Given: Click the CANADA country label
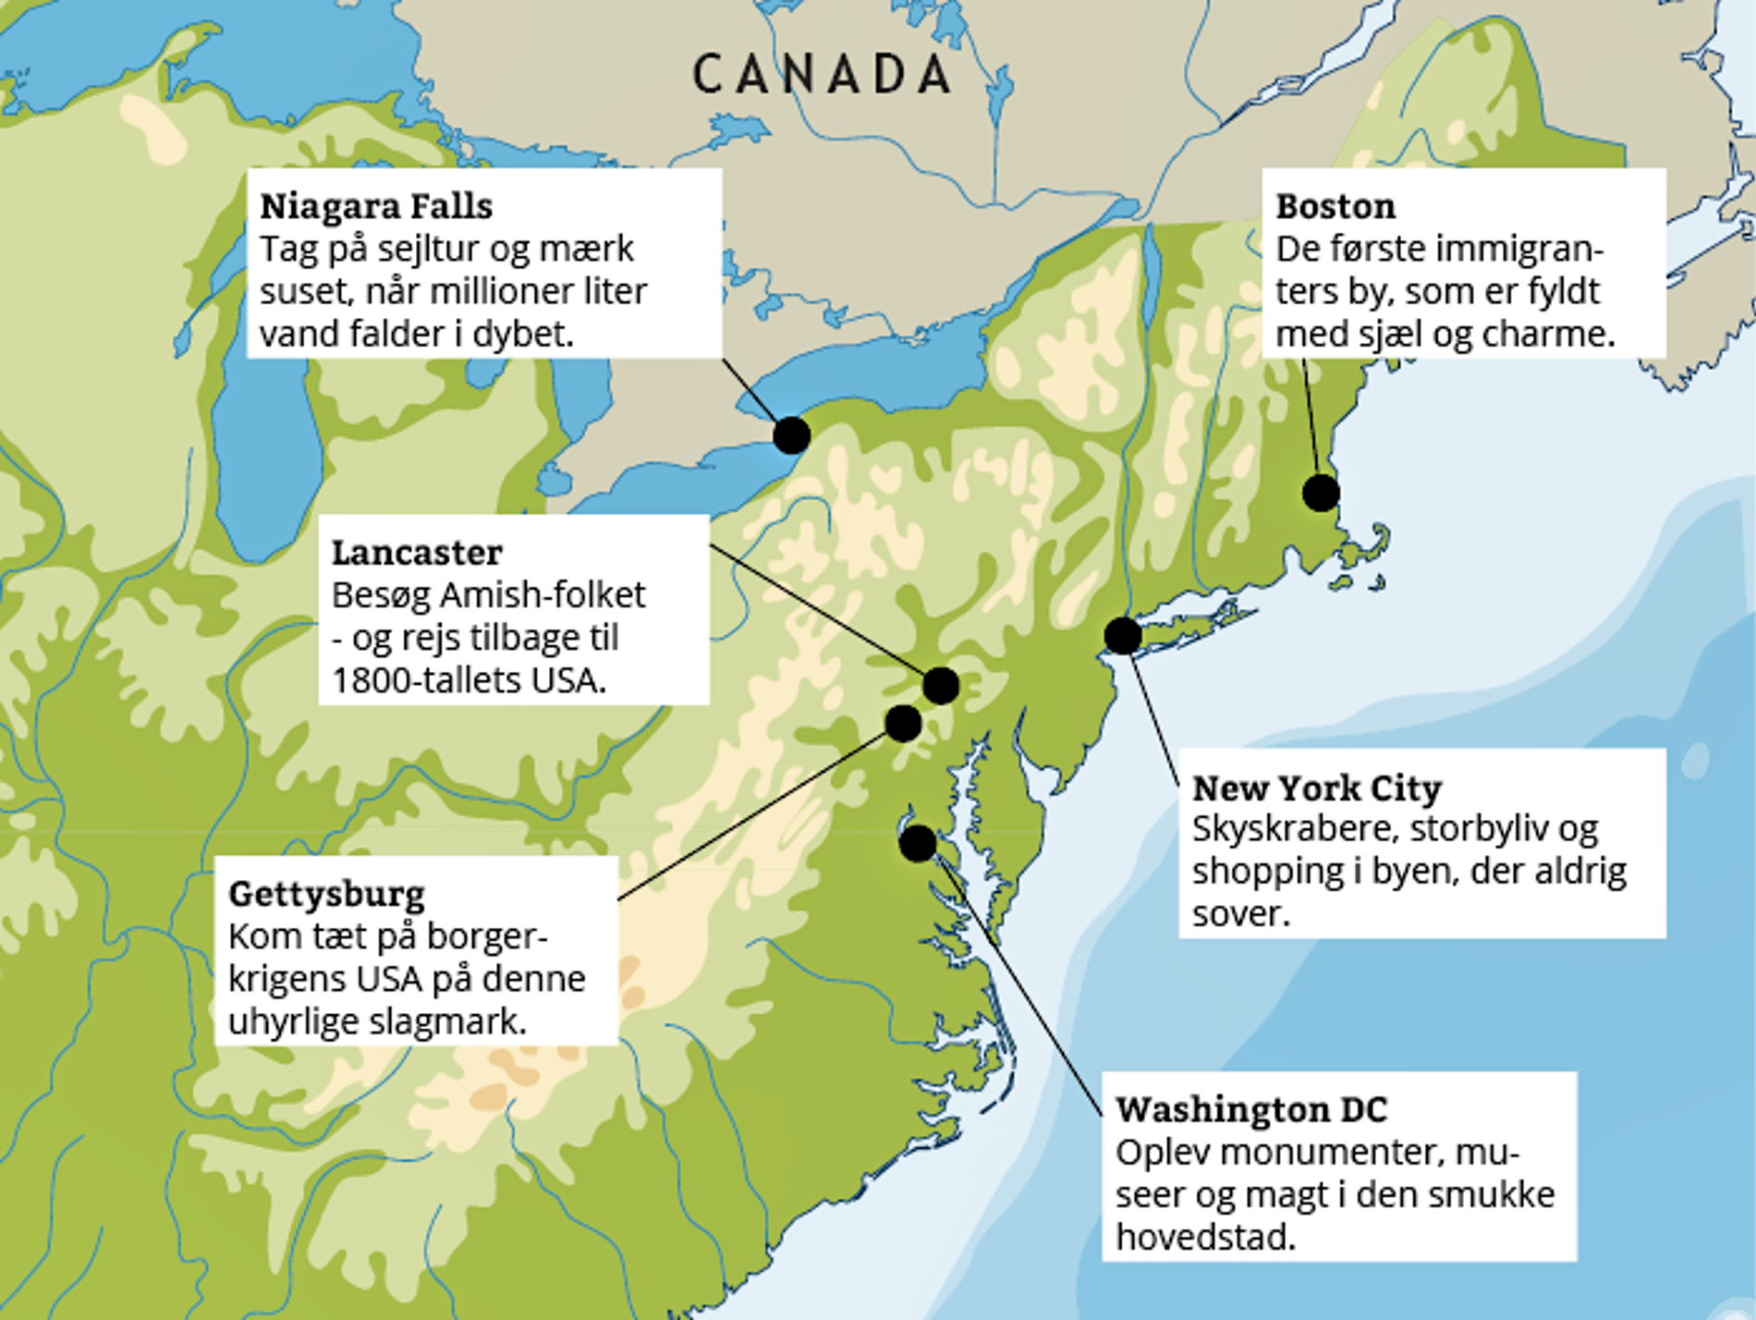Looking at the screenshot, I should click(x=822, y=75).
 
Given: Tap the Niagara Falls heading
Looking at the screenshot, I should click(x=376, y=206).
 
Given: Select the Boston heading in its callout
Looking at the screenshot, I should click(x=1335, y=206).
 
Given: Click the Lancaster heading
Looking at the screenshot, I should click(x=417, y=553).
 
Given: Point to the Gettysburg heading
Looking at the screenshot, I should click(x=326, y=894).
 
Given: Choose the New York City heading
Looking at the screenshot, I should click(x=1317, y=788).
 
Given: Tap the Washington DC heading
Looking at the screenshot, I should click(x=1251, y=1109).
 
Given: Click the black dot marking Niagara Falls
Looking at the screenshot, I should click(x=792, y=435).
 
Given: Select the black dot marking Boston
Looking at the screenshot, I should click(x=1321, y=493).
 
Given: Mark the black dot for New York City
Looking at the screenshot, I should click(x=1123, y=635).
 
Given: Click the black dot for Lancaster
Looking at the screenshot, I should click(x=941, y=686).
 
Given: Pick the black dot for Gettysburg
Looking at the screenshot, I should click(x=903, y=723).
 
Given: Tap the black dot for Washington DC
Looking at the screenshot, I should click(x=918, y=843).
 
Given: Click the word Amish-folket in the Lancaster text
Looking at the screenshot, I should click(x=543, y=595).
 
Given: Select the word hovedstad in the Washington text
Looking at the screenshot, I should click(x=1204, y=1237).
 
